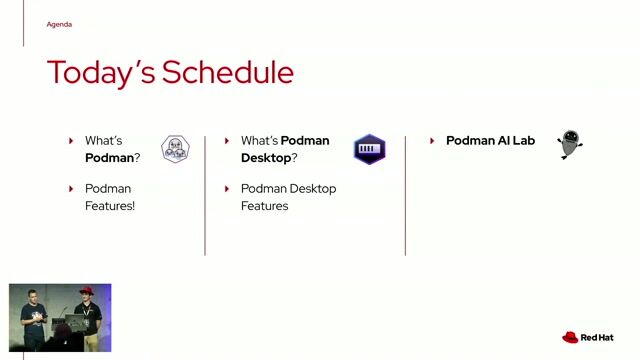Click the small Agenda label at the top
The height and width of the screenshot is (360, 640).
click(59, 24)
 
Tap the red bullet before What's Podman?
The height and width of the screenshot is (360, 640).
click(71, 141)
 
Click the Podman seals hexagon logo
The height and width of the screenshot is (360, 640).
click(175, 150)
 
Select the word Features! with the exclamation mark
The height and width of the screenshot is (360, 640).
click(109, 205)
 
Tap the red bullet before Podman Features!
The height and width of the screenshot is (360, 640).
click(71, 189)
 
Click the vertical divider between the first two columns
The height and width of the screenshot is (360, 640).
click(205, 195)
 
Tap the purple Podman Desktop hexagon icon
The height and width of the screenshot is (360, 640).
click(369, 150)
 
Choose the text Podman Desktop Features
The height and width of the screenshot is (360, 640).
click(288, 197)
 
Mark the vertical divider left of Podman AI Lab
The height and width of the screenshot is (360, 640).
click(405, 195)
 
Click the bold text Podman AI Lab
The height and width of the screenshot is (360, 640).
click(490, 141)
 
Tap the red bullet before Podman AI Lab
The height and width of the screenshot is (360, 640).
click(432, 141)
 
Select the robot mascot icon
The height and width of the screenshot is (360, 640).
click(570, 144)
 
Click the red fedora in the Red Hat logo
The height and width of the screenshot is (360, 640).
click(570, 338)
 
